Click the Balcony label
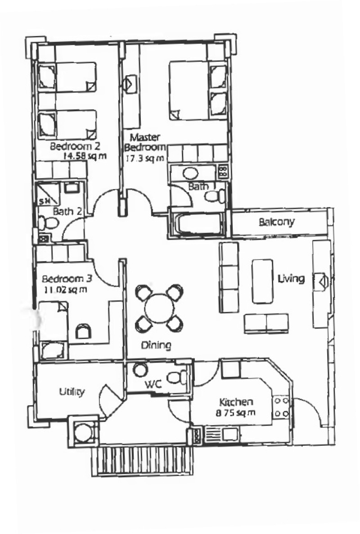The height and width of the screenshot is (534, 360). pos(276,222)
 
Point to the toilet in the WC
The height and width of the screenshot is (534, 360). pos(176,377)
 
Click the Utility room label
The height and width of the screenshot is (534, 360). pos(72,392)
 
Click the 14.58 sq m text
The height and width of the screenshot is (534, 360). pos(85,156)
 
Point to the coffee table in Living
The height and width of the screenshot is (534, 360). pos(262,281)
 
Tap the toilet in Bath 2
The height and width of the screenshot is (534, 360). pos(49,223)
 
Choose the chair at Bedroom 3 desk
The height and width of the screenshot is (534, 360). pos(83,330)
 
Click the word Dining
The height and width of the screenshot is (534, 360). pos(156,345)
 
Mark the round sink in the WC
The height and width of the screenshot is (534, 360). pos(139,371)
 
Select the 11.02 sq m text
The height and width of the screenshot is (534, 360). pos(65,290)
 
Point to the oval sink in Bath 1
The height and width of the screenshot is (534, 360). pos(190,173)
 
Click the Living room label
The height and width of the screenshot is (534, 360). pos(291,279)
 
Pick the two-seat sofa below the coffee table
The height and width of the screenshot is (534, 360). pos(266,324)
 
